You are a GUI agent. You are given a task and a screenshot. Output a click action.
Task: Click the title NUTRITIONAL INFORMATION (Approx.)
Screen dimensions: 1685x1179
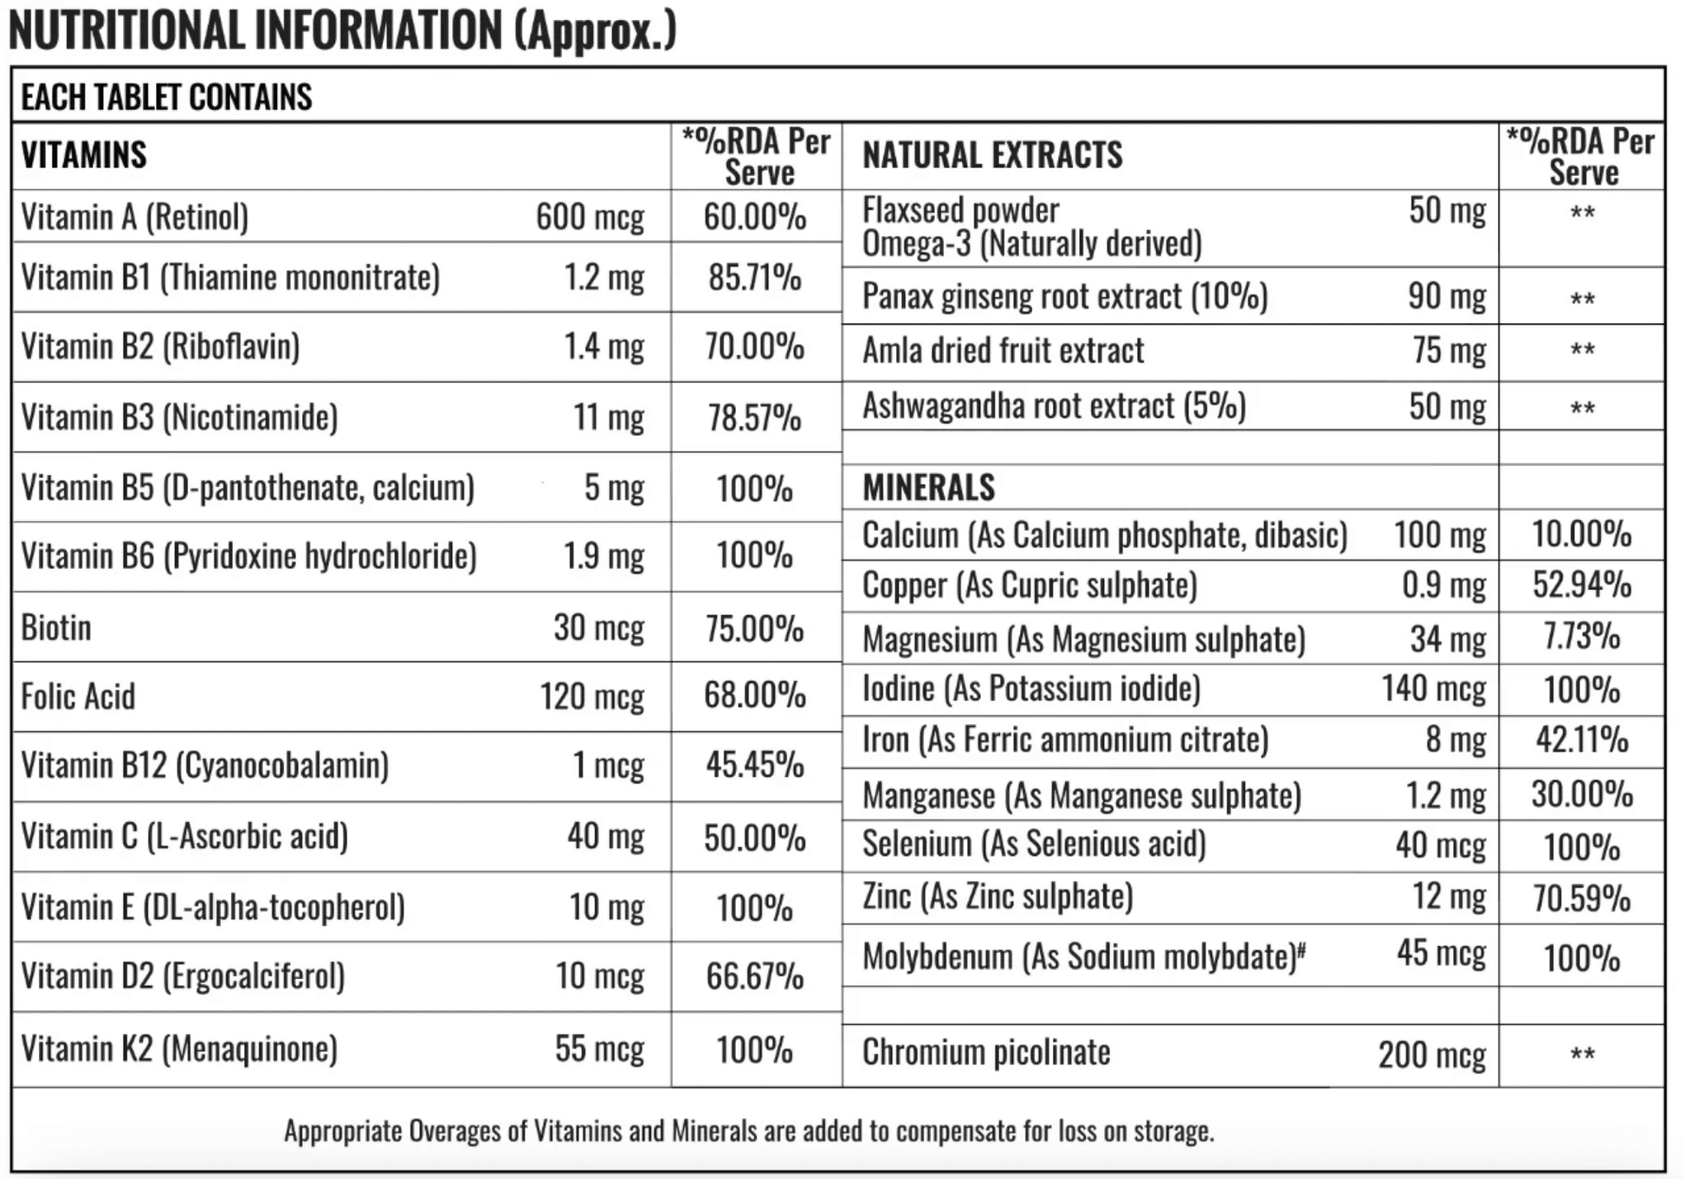pos(342,30)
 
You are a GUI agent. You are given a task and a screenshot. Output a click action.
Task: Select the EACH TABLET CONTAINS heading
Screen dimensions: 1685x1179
pos(166,97)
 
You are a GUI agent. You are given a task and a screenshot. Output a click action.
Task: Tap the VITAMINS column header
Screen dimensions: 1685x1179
pos(84,155)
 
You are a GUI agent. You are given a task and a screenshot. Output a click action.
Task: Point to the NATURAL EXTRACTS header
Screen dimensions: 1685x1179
pos(992,155)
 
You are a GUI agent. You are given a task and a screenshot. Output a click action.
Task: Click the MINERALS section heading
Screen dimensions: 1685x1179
pos(928,488)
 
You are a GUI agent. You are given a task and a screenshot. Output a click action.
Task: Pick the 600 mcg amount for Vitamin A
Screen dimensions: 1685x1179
pos(590,217)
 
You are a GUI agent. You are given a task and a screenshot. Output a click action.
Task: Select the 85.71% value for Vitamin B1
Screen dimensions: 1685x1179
pos(755,277)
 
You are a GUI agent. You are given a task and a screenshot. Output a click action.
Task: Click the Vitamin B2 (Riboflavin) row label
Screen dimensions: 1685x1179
pos(160,347)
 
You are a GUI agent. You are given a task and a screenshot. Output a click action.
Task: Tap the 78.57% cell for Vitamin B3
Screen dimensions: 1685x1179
pos(755,418)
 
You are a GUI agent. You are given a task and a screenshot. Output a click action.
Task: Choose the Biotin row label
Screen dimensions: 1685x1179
pos(55,627)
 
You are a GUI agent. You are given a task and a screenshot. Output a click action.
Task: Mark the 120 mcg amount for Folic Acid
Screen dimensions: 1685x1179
pos(592,696)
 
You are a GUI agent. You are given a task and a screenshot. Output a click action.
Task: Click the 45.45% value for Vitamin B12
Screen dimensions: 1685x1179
pos(755,765)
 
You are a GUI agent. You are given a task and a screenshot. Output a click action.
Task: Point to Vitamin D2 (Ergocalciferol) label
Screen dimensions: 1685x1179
pos(183,976)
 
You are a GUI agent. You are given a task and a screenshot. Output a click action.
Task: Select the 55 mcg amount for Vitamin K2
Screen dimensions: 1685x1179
pos(599,1049)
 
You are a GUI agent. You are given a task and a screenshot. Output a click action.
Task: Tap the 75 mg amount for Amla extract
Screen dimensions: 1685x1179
pos(1449,351)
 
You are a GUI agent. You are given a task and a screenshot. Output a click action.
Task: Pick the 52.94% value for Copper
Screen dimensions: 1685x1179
pos(1582,585)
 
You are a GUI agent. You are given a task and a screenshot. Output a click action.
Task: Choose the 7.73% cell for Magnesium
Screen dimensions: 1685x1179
pos(1582,637)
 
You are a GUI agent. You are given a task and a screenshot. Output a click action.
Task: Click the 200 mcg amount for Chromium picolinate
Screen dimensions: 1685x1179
pos(1432,1055)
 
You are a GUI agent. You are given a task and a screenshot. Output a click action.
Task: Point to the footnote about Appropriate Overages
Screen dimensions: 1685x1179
pos(749,1131)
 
